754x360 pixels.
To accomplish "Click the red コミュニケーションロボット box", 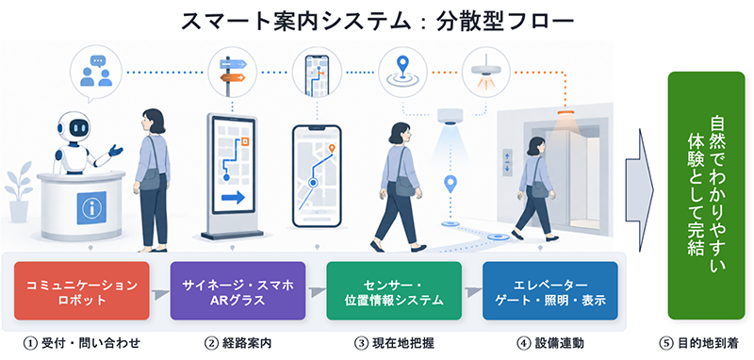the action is [82, 291].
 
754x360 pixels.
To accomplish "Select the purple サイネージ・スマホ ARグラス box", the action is [238, 291].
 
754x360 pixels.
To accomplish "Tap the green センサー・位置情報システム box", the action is [394, 291].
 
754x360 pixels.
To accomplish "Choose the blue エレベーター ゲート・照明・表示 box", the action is [550, 291].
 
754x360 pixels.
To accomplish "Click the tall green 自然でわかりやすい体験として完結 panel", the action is [706, 196].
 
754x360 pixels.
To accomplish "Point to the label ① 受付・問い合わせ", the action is [82, 343].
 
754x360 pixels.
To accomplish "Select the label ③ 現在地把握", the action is [394, 343].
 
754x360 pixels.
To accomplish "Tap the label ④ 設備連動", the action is [550, 343].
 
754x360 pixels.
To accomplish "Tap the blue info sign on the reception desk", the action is [91, 207].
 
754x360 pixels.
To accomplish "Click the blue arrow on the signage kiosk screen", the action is [233, 198].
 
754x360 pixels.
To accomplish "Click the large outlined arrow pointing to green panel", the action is [639, 189].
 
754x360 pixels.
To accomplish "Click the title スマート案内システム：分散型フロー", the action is [377, 22].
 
